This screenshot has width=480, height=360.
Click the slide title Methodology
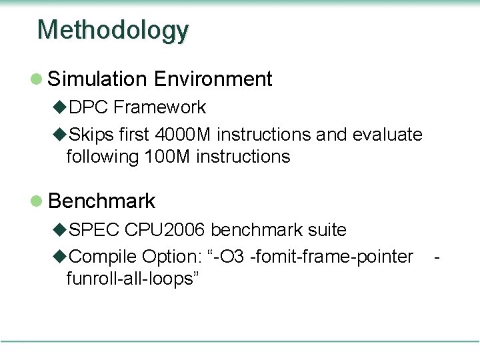113,30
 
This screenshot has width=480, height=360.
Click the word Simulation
97,79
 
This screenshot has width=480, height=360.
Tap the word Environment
213,79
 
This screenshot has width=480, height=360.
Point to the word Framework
160,107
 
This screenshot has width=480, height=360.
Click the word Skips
92,135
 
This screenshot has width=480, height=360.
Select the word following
103,157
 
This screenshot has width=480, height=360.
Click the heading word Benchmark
102,201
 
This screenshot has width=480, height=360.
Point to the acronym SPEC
94,230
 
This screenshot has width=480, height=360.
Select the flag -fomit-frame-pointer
331,257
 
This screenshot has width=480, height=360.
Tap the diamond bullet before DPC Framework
59,107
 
